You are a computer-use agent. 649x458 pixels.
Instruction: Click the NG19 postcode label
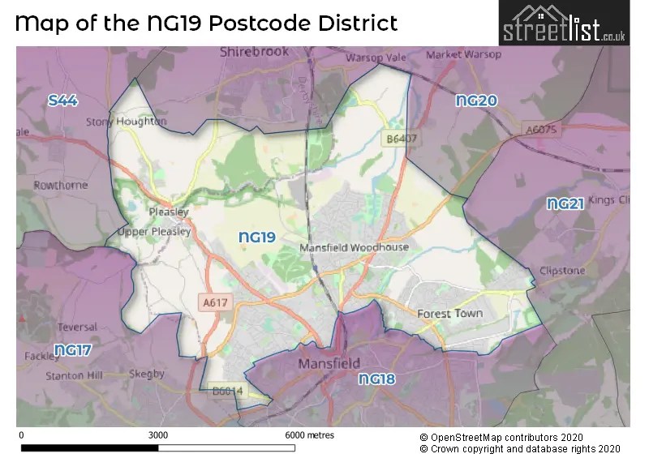tap(258, 237)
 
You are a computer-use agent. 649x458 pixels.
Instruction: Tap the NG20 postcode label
tap(476, 101)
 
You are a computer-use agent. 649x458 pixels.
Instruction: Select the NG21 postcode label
tap(565, 203)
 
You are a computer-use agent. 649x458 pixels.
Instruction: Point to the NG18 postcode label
tap(376, 379)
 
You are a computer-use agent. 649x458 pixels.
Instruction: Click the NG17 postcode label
tap(73, 350)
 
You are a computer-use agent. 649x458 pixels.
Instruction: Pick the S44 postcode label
tap(62, 101)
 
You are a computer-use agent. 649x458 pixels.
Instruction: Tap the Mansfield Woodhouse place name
tap(354, 247)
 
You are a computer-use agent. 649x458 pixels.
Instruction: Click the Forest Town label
tap(449, 313)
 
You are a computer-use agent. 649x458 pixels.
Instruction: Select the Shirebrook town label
tap(254, 52)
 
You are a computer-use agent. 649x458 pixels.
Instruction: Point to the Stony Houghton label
tap(126, 122)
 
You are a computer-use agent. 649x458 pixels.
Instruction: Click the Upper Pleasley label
tap(154, 231)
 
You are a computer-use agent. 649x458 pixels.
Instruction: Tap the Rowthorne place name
tap(60, 185)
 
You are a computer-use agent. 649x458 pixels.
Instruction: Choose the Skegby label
tap(147, 374)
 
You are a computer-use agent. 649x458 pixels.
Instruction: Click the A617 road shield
tap(213, 302)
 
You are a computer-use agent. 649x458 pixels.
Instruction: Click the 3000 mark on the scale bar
tap(158, 434)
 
